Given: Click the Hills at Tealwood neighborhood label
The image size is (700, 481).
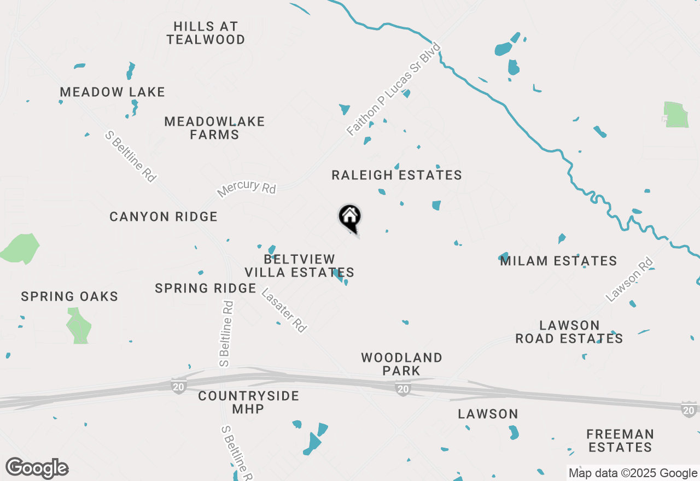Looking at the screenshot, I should tap(206, 33).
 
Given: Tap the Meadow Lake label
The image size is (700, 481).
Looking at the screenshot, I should tap(112, 92).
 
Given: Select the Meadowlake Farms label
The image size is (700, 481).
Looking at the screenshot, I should tap(214, 128).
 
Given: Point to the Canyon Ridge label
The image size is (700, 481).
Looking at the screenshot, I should tap(164, 217).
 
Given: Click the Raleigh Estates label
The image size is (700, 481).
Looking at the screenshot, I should tap(396, 175).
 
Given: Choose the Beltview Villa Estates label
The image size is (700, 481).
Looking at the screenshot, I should tap(299, 266).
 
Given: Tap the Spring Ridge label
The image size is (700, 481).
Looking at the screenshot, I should tap(206, 288).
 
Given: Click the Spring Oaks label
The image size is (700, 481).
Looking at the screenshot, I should tap(69, 297).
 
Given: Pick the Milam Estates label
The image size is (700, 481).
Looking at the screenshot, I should tap(558, 261).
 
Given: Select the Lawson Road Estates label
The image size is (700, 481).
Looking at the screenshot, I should tap(569, 332).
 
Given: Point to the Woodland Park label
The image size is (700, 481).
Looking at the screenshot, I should tap(401, 364).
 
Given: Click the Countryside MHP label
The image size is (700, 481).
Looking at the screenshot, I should tap(248, 402).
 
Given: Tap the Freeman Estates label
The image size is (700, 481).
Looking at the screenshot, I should tap(620, 441).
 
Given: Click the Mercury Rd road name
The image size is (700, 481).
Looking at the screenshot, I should tap(247, 188).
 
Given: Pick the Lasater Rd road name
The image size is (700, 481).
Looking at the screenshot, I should tap(284, 310).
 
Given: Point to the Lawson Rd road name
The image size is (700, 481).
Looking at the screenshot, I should tap(630, 279).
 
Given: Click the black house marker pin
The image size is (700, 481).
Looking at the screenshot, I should tap(350, 218).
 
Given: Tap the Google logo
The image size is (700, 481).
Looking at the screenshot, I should tap(37, 468).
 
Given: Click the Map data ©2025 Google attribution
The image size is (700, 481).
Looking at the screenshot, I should tap(633, 473).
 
